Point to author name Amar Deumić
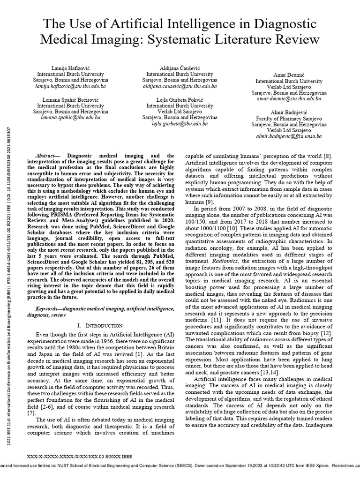(x=286, y=75)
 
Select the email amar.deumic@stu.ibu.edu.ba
(x=286, y=99)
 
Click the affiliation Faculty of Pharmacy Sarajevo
(x=286, y=119)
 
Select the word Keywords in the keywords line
(x=51, y=310)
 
